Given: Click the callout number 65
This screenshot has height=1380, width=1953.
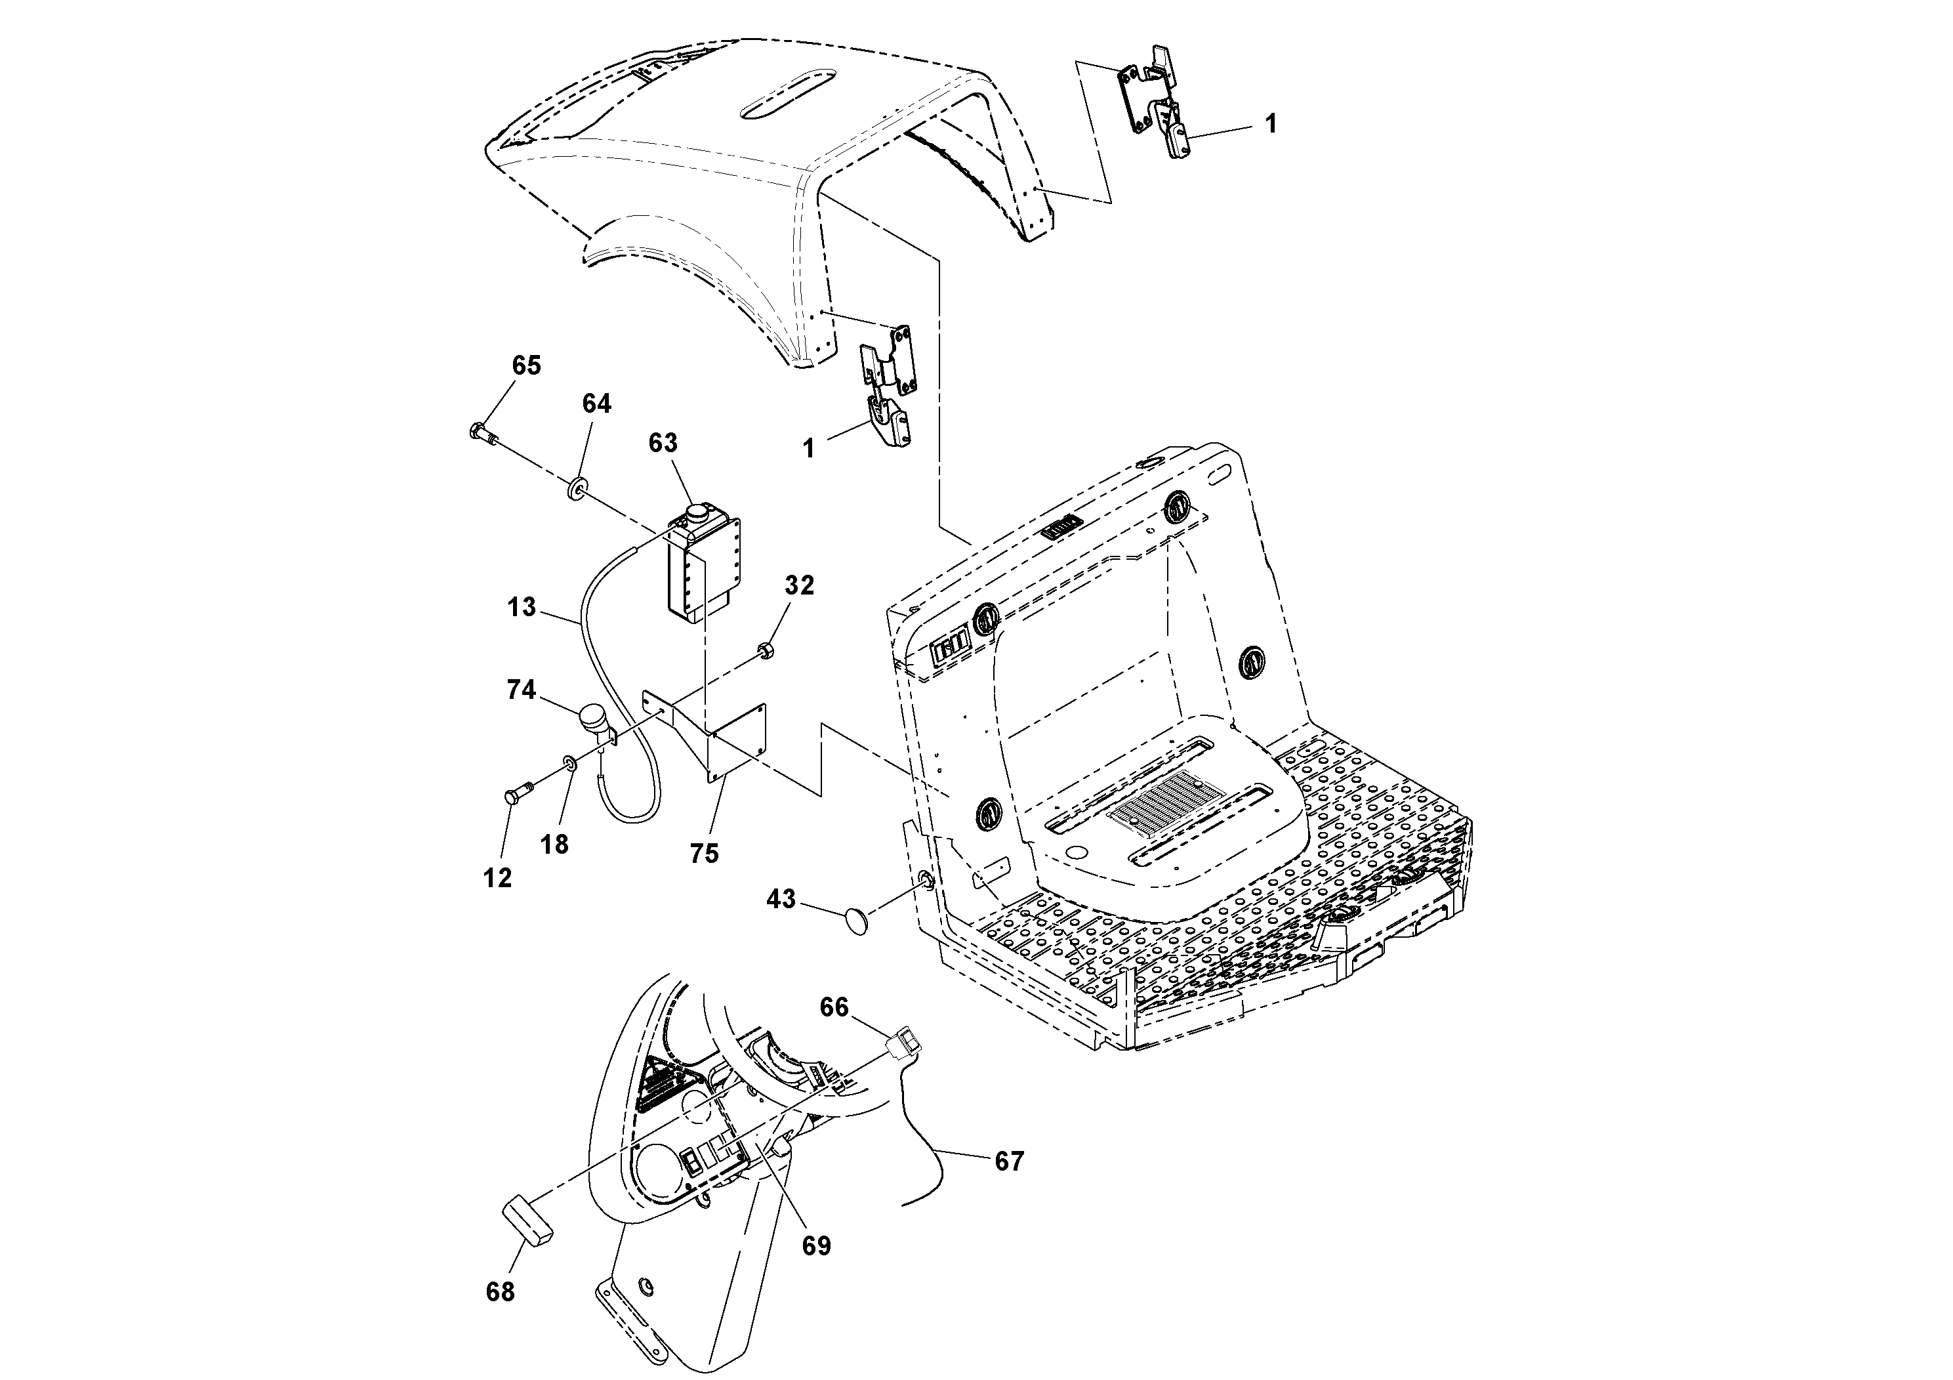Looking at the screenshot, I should pyautogui.click(x=525, y=366).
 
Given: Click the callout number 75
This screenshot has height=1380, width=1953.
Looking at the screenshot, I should pyautogui.click(x=705, y=852).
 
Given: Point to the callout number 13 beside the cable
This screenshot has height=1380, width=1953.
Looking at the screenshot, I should pyautogui.click(x=522, y=608).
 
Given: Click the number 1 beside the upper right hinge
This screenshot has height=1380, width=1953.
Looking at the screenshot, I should pyautogui.click(x=1270, y=124).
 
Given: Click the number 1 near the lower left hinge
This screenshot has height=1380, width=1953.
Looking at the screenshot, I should pyautogui.click(x=809, y=448).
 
